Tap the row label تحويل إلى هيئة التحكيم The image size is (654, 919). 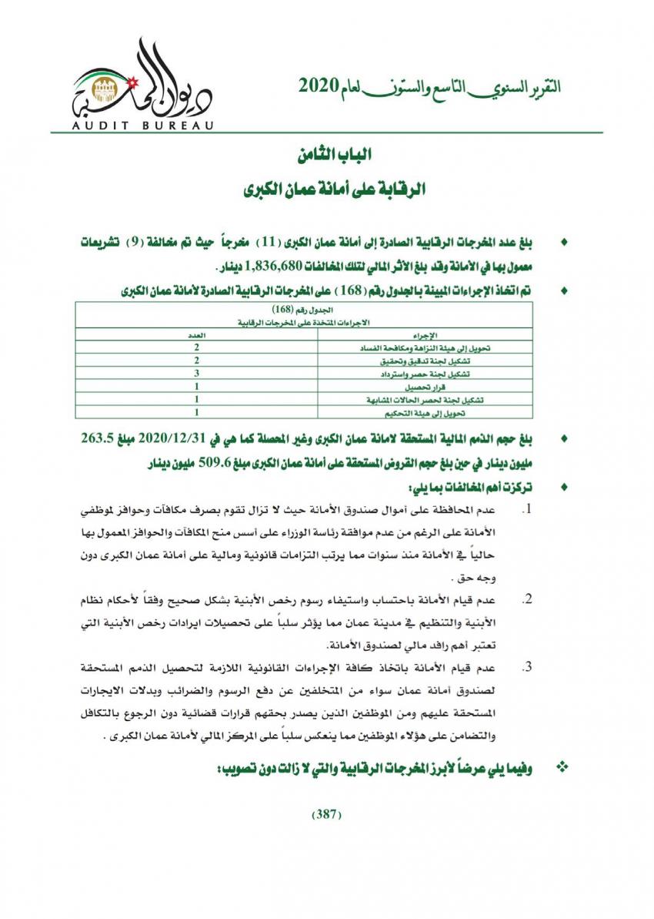coord(456,414)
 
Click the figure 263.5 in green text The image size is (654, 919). coord(98,441)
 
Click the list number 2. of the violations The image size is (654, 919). coord(528,600)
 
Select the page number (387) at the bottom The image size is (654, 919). coord(326,816)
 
